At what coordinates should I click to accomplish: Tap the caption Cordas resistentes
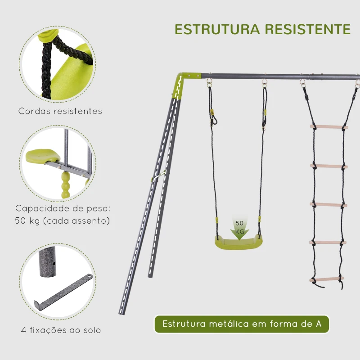pyautogui.click(x=60, y=111)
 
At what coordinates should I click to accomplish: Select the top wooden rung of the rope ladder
pyautogui.click(x=329, y=127)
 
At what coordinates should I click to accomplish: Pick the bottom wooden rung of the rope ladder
pyautogui.click(x=327, y=279)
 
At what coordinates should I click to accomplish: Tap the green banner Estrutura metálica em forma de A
pyautogui.click(x=242, y=324)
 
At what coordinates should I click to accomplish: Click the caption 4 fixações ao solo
pyautogui.click(x=61, y=330)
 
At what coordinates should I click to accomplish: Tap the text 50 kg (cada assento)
pyautogui.click(x=63, y=221)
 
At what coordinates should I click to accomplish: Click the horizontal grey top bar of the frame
pyautogui.click(x=279, y=76)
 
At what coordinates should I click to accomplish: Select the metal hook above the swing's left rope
pyautogui.click(x=209, y=84)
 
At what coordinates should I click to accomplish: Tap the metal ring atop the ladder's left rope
pyautogui.click(x=302, y=84)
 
